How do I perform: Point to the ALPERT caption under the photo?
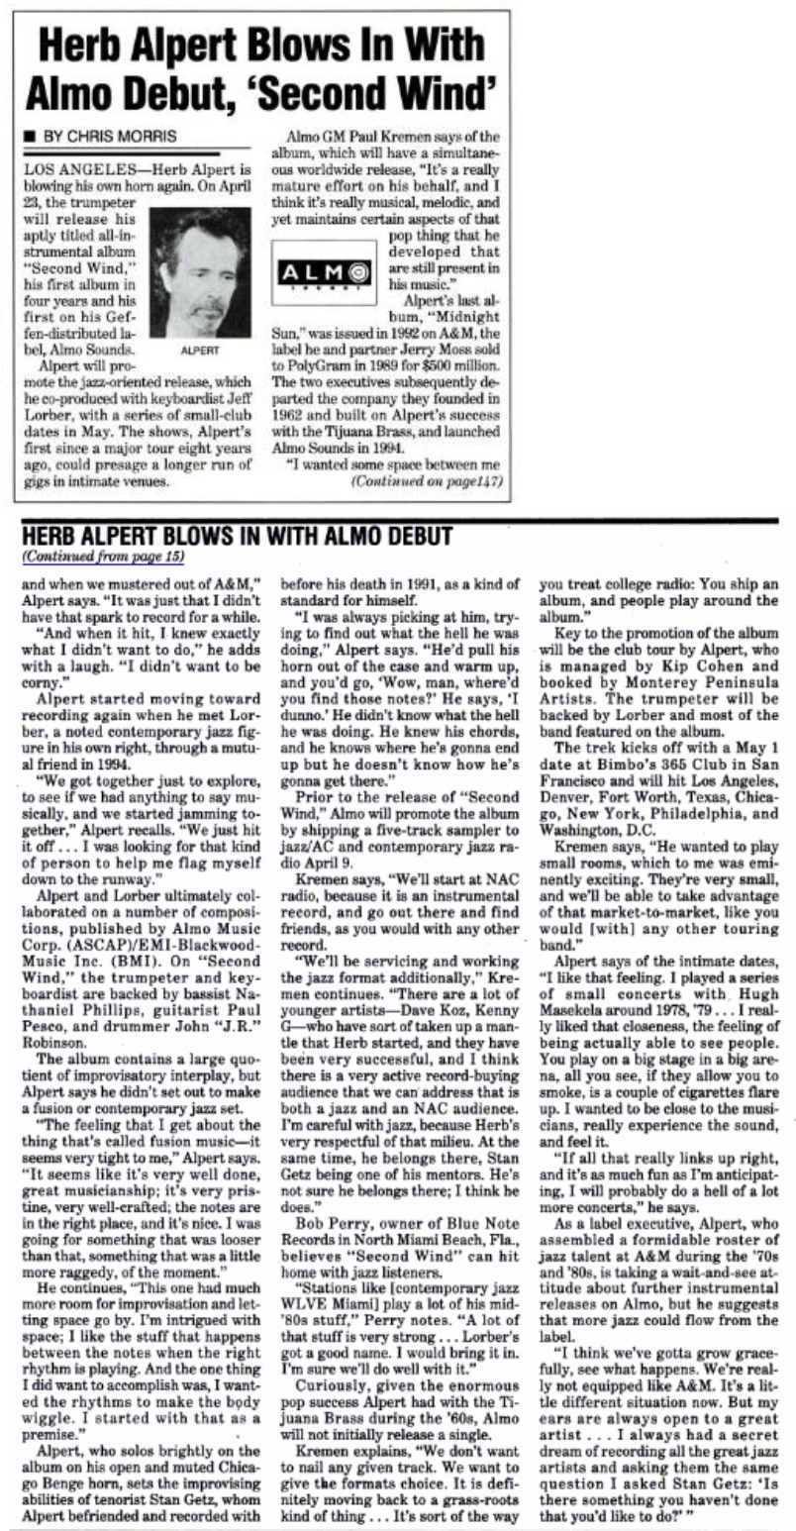[x=199, y=350]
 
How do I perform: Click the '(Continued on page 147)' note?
[x=427, y=482]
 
